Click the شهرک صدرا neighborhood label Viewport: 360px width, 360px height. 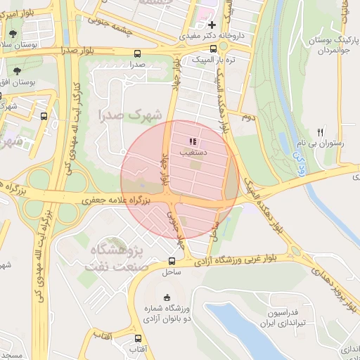(129, 115)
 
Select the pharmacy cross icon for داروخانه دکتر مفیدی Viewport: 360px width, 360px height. (212, 25)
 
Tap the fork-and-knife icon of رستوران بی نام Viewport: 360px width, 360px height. (320, 131)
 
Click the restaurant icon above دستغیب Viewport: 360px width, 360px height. (194, 141)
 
